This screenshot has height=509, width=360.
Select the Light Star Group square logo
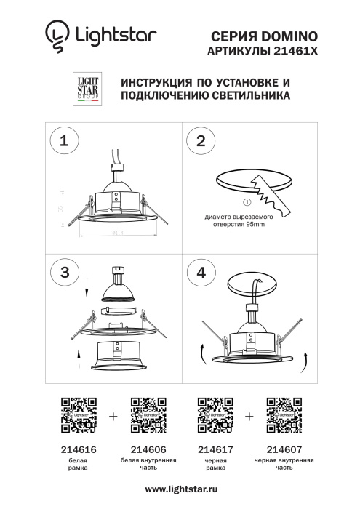[88, 89]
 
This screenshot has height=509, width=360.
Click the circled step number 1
[65, 141]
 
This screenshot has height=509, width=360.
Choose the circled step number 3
[65, 272]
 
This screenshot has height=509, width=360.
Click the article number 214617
[215, 450]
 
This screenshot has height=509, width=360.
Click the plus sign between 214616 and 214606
[112, 417]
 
